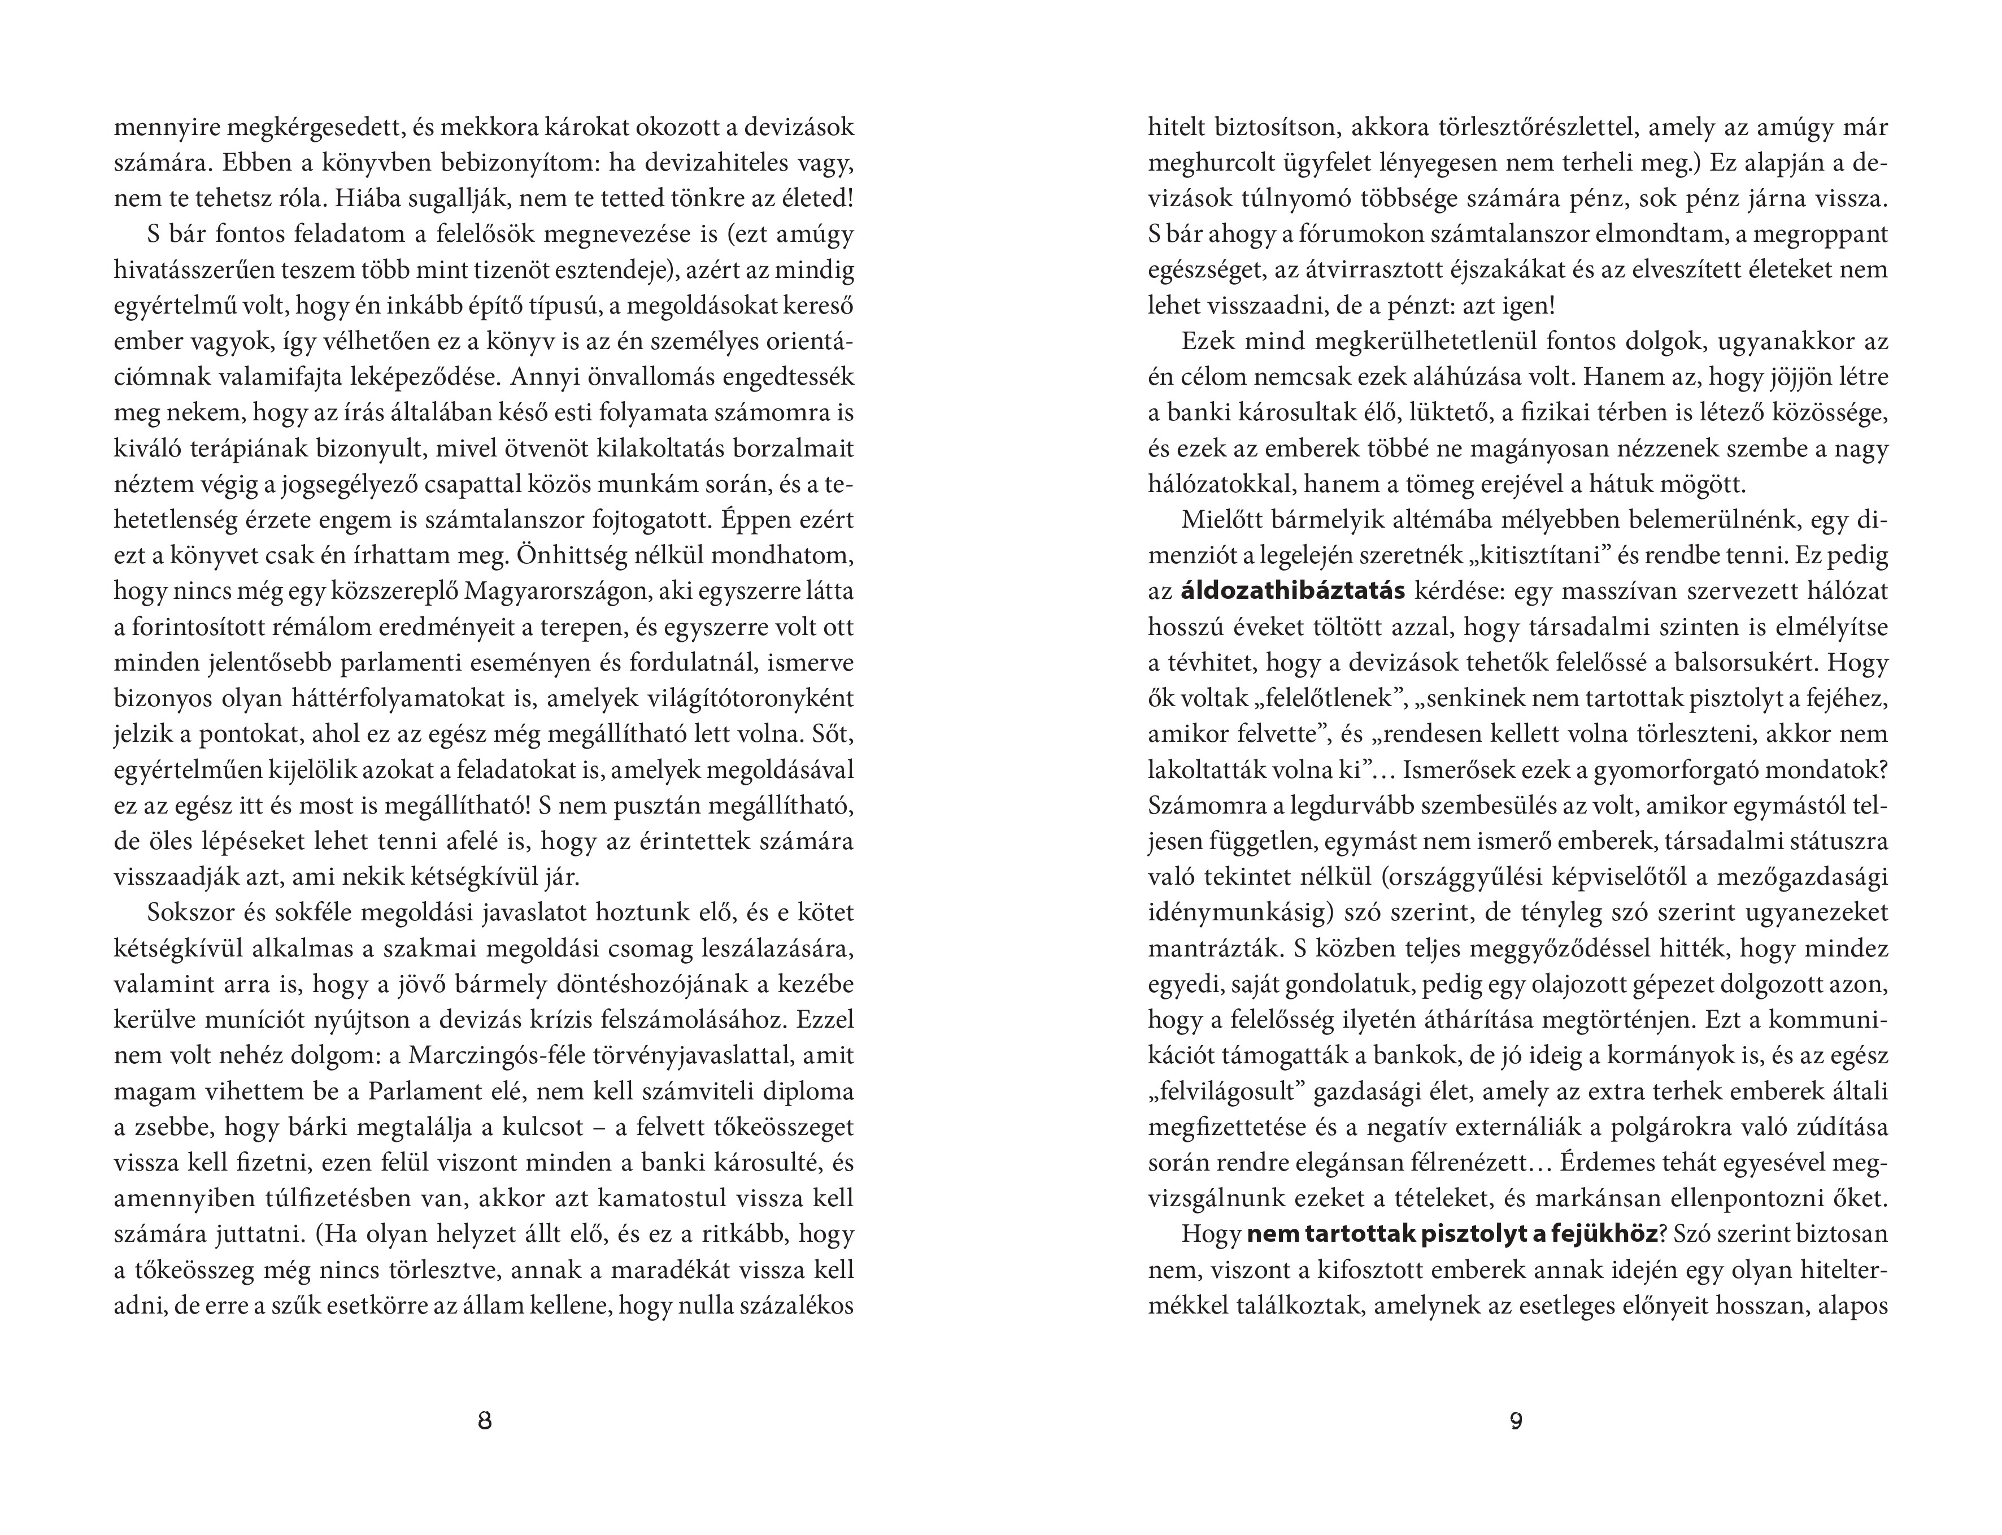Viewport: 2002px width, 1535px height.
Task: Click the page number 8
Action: (x=485, y=1421)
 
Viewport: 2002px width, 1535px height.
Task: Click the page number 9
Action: (x=1516, y=1421)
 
